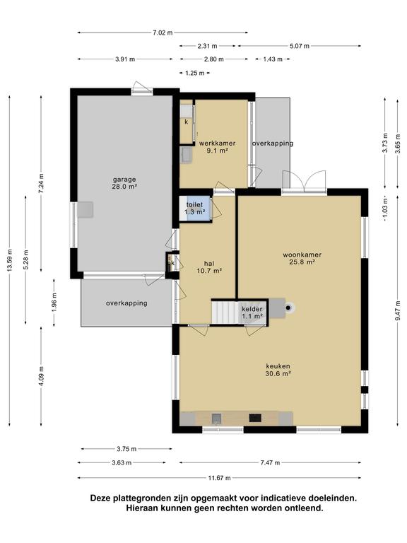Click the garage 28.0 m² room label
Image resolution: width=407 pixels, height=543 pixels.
click(x=124, y=183)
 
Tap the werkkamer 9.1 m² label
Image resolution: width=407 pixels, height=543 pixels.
click(x=218, y=147)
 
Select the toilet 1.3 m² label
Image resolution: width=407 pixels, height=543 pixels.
click(x=194, y=209)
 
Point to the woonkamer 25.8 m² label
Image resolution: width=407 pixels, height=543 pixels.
click(x=302, y=258)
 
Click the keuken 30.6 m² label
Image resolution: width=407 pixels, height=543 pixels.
click(x=278, y=370)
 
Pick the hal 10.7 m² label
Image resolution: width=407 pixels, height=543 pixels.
click(x=209, y=267)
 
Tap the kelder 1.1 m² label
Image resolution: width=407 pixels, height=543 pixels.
click(x=252, y=313)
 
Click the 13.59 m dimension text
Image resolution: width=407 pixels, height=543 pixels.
click(x=10, y=260)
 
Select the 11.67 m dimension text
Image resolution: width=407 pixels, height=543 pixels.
click(x=220, y=478)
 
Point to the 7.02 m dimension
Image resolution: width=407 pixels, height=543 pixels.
click(x=163, y=33)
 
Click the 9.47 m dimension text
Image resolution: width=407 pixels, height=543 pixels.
click(x=398, y=312)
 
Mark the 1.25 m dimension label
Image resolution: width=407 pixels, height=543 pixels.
click(x=195, y=73)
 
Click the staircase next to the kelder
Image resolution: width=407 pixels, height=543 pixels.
click(x=225, y=312)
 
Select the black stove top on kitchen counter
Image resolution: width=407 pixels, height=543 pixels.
click(x=255, y=418)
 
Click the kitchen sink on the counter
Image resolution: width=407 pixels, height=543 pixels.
click(x=217, y=419)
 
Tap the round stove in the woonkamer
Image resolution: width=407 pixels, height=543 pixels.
click(x=288, y=308)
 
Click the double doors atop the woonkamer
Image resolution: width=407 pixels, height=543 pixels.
click(x=304, y=181)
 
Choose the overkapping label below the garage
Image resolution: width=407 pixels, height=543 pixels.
click(x=126, y=303)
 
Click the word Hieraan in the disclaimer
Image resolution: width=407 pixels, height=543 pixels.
click(x=141, y=508)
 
